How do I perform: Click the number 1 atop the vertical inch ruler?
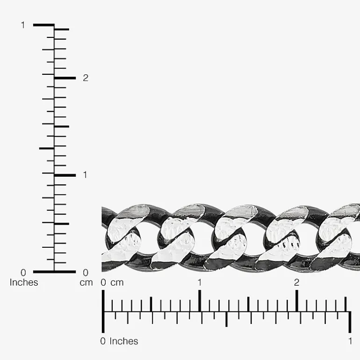(23, 25)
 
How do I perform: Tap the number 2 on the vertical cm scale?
(86, 78)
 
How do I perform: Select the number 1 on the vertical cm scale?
(85, 175)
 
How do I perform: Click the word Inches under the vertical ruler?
(24, 282)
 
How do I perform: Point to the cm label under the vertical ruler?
(86, 283)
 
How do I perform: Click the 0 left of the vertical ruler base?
(23, 273)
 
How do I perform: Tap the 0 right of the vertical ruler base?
(86, 273)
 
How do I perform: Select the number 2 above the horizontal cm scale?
(296, 282)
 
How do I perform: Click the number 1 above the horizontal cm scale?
(200, 282)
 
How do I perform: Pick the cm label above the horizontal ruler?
(117, 283)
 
